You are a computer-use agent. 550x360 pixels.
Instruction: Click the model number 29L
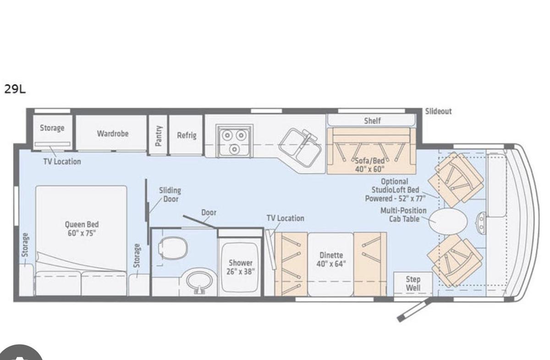[15, 89]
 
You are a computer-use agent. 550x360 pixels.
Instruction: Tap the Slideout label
[438, 111]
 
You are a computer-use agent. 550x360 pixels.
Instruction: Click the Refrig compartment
[187, 135]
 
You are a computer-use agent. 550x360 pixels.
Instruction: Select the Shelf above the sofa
[372, 121]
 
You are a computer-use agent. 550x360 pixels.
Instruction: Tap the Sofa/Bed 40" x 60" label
[370, 165]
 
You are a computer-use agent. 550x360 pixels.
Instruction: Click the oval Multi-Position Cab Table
[448, 221]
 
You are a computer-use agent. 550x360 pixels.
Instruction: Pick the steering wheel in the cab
[481, 222]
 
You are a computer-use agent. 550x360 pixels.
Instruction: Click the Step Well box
[412, 284]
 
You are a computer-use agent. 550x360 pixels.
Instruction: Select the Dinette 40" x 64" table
[330, 264]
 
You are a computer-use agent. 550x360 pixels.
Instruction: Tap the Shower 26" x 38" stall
[241, 267]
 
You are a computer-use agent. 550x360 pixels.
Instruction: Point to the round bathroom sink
[200, 281]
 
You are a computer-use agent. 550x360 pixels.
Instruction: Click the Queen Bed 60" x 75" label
[82, 228]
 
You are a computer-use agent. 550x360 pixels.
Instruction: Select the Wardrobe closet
[112, 133]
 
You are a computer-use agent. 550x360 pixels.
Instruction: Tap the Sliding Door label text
[170, 194]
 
